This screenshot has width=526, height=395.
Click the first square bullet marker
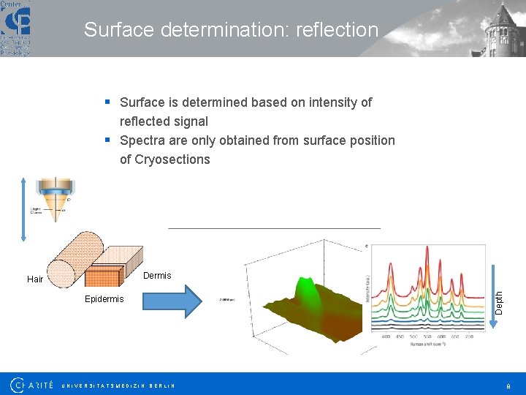click(x=107, y=102)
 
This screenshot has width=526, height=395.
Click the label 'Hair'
click(x=35, y=279)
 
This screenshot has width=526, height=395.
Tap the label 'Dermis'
click(x=157, y=276)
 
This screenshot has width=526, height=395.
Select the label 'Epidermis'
click(x=104, y=299)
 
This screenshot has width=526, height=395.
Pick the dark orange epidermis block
click(x=102, y=277)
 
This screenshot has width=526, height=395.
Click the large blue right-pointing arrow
click(x=171, y=301)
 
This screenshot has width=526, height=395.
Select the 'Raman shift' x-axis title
click(x=424, y=344)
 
